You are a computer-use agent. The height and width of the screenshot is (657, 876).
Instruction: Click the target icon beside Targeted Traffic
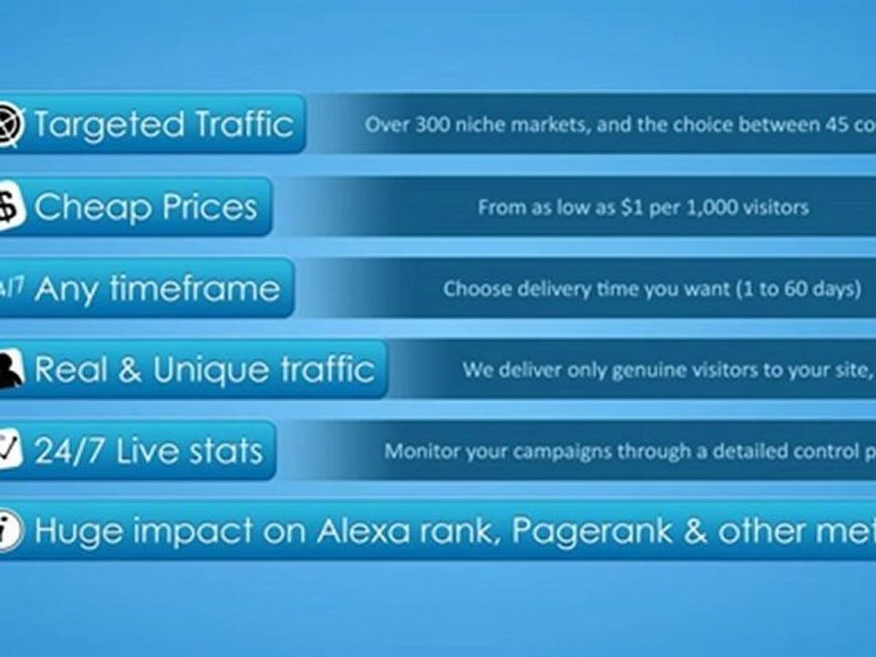click(12, 122)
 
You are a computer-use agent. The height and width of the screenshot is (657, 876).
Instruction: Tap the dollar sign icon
click(10, 207)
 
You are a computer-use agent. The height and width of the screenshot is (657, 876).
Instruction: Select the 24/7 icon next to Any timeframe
click(11, 288)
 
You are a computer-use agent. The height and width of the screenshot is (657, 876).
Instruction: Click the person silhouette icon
click(10, 370)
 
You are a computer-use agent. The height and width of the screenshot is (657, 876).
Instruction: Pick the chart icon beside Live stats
click(10, 450)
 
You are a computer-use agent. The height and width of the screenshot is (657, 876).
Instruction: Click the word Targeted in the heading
click(109, 124)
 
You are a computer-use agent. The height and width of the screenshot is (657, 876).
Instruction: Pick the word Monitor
click(416, 451)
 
